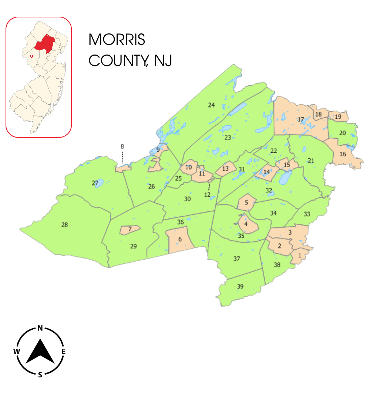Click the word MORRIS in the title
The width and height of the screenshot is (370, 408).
coord(117,39)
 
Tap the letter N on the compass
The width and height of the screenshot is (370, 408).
coord(40,328)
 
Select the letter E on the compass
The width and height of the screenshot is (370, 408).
coord(63,351)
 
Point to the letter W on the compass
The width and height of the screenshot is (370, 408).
coord(16,351)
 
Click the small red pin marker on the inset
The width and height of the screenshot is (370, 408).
coord(31,56)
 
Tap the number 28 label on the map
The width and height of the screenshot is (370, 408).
coord(65,225)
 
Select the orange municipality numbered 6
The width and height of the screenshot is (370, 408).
coord(180,240)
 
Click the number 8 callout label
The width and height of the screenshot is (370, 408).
coord(122,146)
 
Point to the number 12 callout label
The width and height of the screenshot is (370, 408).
coord(207,194)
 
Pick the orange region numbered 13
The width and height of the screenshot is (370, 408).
coord(225,169)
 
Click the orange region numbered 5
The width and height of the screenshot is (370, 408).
coord(246,203)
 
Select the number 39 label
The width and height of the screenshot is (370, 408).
coord(240,286)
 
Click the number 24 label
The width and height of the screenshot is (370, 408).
coord(211,105)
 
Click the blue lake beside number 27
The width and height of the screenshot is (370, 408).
coord(99,183)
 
